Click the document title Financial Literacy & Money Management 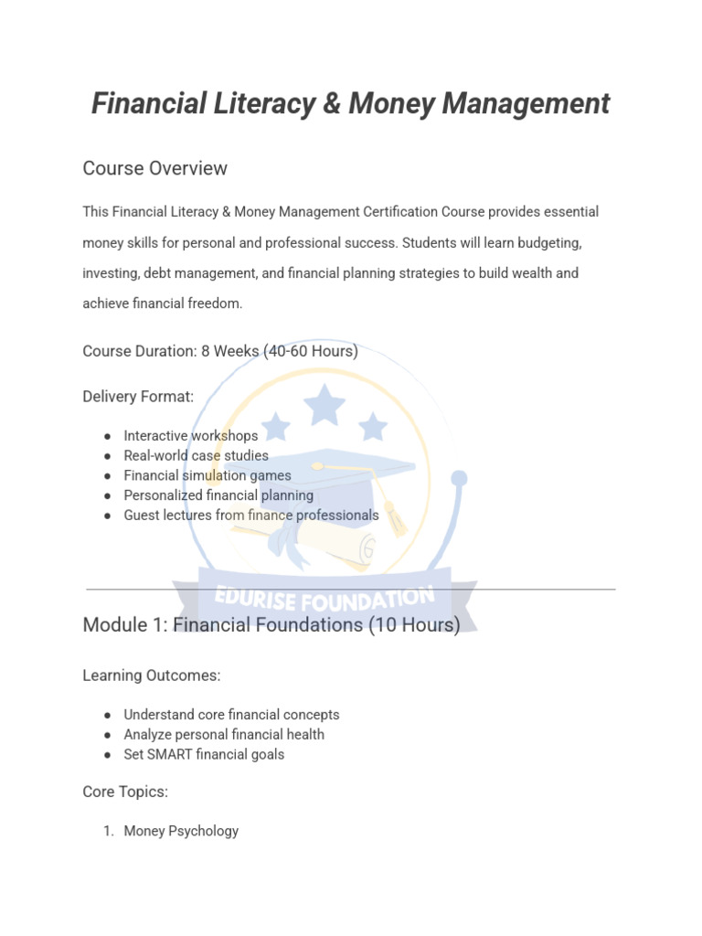(x=350, y=104)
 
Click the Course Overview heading (x=154, y=168)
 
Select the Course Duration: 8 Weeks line (x=219, y=351)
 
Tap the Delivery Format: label (x=138, y=397)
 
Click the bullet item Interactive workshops (x=191, y=436)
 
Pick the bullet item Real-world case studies (x=196, y=455)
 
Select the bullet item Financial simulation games (x=207, y=475)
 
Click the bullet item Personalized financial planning (x=218, y=495)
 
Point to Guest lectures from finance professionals (x=250, y=516)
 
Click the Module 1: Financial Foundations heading (x=271, y=625)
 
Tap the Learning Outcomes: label (x=152, y=675)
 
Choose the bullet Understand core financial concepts (x=231, y=715)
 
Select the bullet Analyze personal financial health (x=224, y=735)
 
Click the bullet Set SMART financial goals (x=204, y=755)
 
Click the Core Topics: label (x=125, y=792)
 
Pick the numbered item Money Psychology (x=181, y=831)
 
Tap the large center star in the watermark (x=324, y=405)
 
